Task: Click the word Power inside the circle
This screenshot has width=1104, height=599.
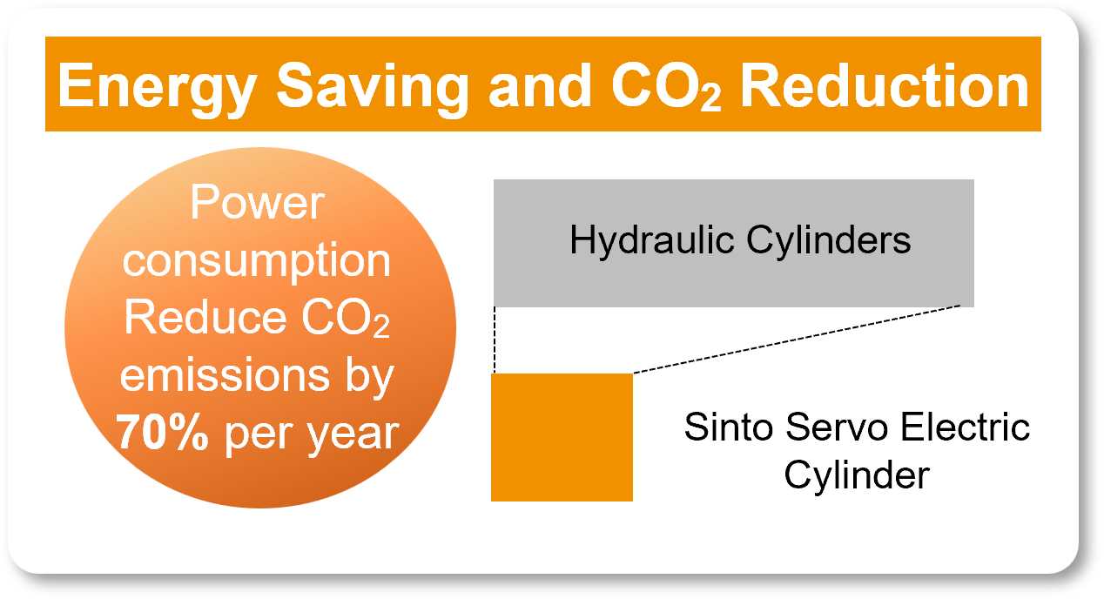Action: [x=257, y=205]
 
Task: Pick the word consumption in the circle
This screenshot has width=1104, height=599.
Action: [x=257, y=261]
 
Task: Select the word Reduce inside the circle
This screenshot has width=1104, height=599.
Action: [x=197, y=319]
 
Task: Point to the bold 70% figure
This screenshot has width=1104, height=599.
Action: [x=161, y=433]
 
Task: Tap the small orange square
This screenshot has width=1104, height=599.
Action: [x=562, y=437]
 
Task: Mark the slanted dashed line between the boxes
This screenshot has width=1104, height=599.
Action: [x=797, y=340]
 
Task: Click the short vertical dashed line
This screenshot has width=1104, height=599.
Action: [x=495, y=340]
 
